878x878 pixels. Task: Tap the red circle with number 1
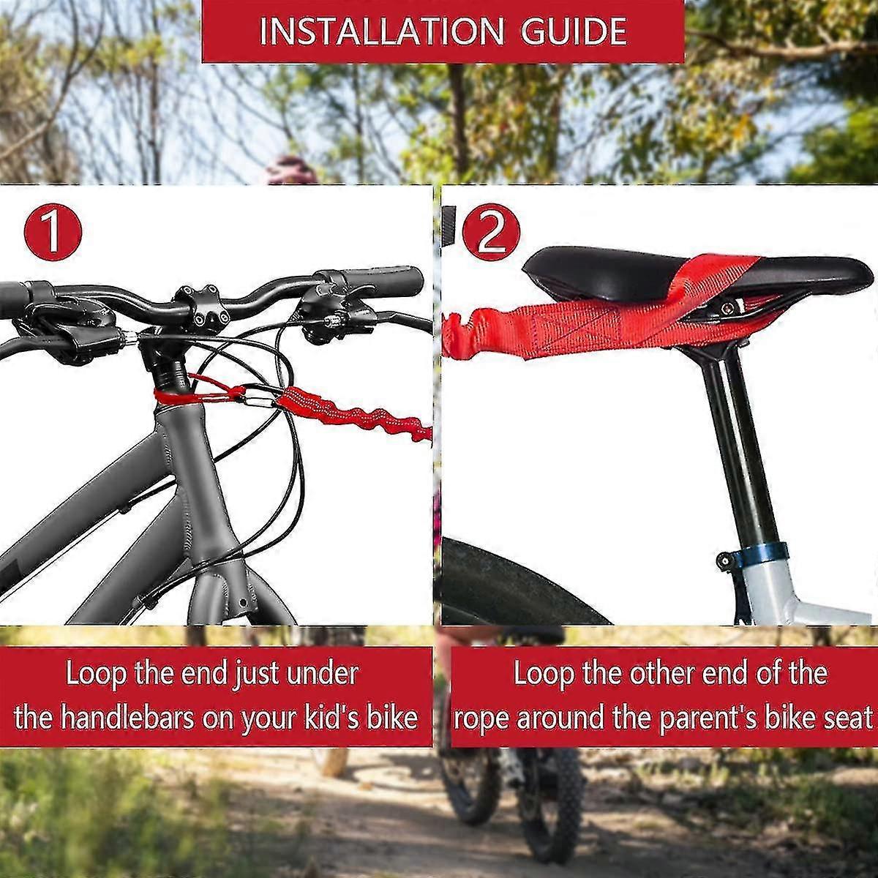tap(51, 232)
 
